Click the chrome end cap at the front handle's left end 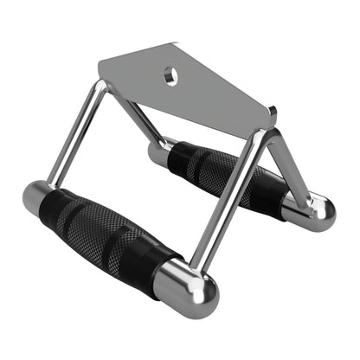pos(38,201)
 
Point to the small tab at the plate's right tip pos(272,112)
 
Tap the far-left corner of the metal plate pos(100,62)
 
